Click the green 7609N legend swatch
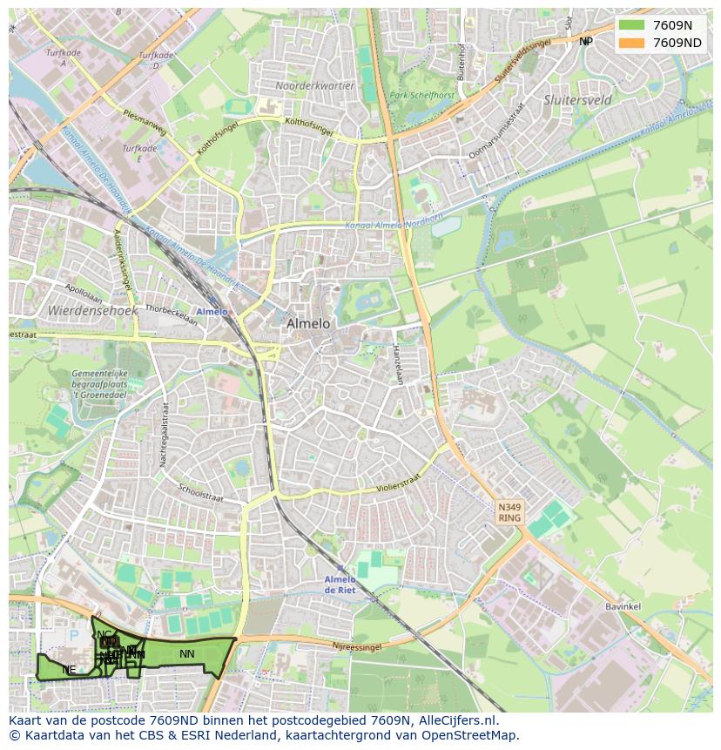tap(631, 25)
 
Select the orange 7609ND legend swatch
tap(631, 43)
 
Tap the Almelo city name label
tap(308, 323)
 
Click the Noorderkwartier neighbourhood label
tap(314, 85)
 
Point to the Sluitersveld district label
tap(577, 100)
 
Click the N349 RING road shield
tap(509, 512)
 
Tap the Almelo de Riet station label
tap(340, 584)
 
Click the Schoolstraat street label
tap(201, 494)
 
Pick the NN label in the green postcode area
tap(186, 653)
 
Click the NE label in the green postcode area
tap(69, 669)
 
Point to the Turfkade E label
tap(139, 154)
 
